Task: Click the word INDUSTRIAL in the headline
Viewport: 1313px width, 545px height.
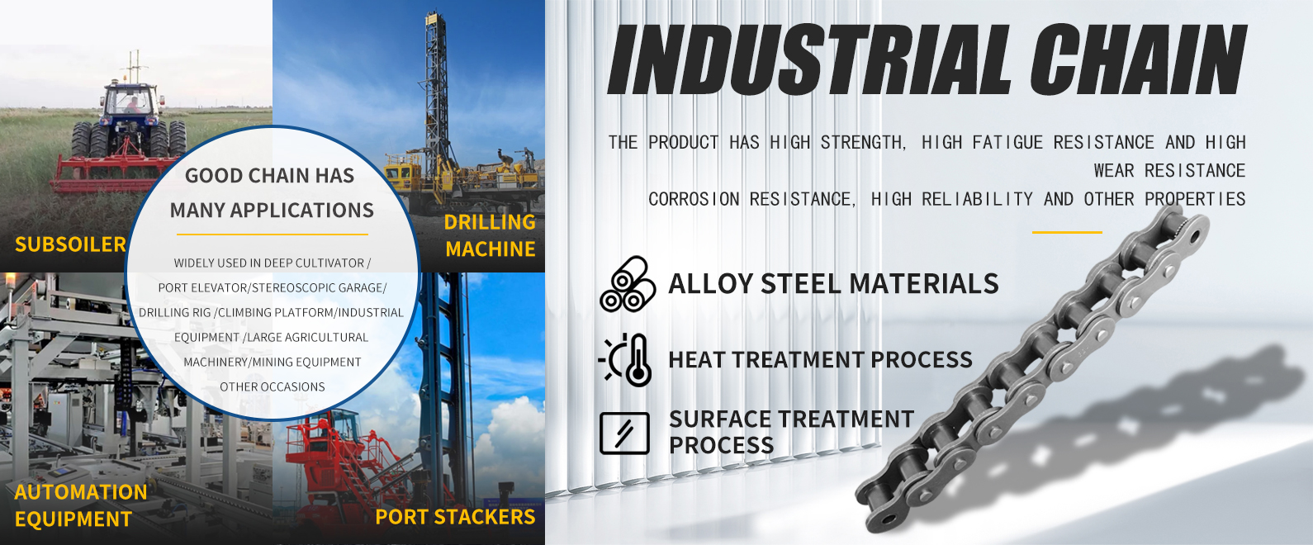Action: tap(808, 59)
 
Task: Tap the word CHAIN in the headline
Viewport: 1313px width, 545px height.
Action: tap(1137, 59)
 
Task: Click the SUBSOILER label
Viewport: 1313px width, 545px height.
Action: tap(70, 244)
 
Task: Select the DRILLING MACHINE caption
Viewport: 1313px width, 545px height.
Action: tap(490, 235)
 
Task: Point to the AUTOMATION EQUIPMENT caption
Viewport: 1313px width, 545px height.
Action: tap(81, 505)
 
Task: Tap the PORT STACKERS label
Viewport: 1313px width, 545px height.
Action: tap(455, 517)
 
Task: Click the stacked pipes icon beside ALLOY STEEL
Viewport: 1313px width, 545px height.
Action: tap(628, 284)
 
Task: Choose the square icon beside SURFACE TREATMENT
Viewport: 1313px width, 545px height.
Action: tap(624, 433)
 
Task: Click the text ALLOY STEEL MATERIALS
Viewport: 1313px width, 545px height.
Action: tap(833, 283)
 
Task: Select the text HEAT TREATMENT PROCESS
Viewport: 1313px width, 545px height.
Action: tap(820, 359)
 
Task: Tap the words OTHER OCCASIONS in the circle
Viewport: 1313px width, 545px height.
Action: tap(272, 386)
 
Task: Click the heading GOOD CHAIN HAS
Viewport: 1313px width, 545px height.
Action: tap(270, 175)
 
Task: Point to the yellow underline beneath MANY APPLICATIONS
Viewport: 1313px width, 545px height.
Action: tap(273, 235)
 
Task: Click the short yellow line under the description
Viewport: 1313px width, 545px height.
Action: tap(1067, 232)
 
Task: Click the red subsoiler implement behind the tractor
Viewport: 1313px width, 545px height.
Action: tap(111, 173)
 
